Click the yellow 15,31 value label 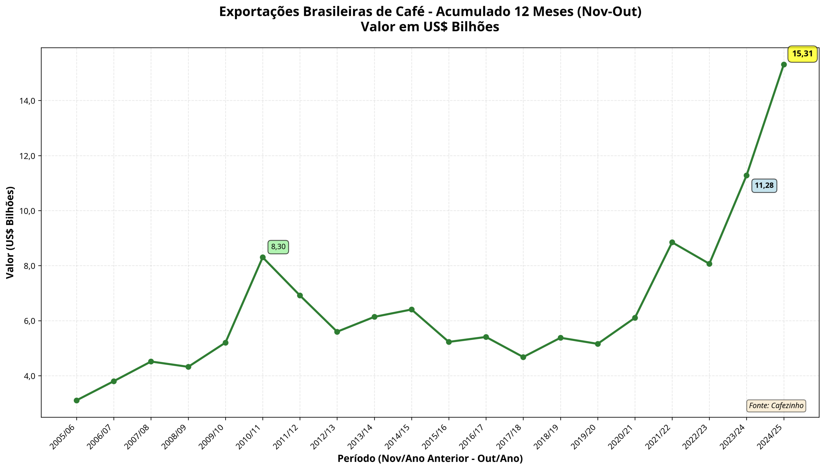[x=802, y=54]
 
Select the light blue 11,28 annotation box [x=764, y=186]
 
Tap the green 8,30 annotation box [x=278, y=247]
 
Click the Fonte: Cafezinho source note [x=776, y=406]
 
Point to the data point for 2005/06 [x=76, y=401]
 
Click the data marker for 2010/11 [x=263, y=257]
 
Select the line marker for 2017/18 [x=523, y=357]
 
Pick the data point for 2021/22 [x=672, y=243]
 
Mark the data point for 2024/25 [x=784, y=64]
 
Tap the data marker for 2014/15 [x=412, y=310]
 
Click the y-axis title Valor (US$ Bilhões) [x=10, y=232]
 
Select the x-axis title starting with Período [x=430, y=458]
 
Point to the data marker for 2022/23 [x=709, y=264]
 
